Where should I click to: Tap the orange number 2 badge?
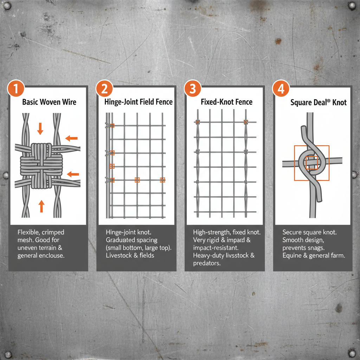(104, 89)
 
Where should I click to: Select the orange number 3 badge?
(192, 89)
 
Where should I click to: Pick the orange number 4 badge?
(281, 89)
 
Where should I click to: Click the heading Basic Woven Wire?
(49, 102)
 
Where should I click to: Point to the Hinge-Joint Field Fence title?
(139, 102)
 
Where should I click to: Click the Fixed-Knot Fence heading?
(226, 102)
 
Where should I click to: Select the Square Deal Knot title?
(319, 103)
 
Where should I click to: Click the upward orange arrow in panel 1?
(41, 206)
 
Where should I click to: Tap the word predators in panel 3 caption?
(207, 263)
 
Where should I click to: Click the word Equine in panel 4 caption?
(292, 256)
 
